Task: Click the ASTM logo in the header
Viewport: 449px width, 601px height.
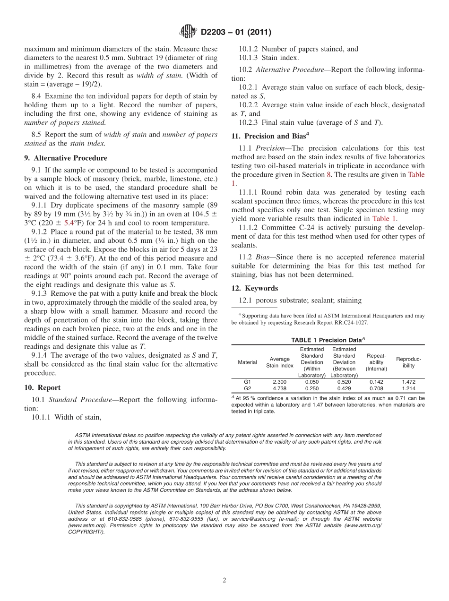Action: [x=188, y=32]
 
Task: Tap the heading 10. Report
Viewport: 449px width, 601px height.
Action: [x=42, y=388]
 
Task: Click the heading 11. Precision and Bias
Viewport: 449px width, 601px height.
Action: [x=270, y=136]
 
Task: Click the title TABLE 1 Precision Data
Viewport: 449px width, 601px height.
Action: [x=328, y=340]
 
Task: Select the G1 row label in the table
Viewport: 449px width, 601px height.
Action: [x=247, y=381]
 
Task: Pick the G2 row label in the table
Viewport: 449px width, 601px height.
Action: [x=247, y=388]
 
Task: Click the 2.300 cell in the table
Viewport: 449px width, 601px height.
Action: [x=279, y=381]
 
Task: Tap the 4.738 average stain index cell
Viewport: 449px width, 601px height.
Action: [x=279, y=388]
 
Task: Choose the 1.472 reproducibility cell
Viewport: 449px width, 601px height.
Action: [x=408, y=381]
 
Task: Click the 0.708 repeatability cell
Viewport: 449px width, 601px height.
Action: [x=376, y=388]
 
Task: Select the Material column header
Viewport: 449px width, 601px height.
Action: [x=247, y=362]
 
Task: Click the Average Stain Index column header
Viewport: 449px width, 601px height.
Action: [x=279, y=362]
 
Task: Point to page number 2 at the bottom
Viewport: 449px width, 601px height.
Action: [x=224, y=580]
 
